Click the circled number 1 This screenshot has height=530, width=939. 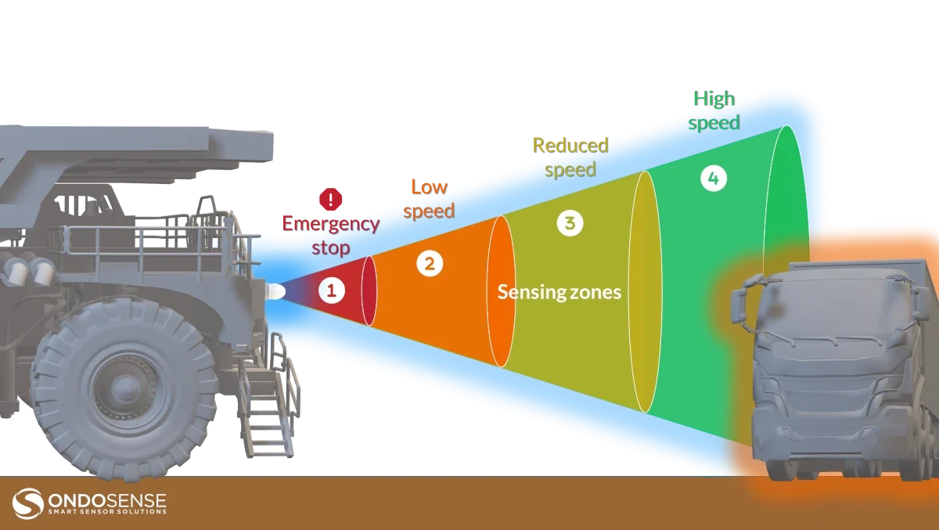[332, 290]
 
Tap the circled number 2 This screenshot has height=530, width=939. [430, 264]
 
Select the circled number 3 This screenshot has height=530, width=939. [570, 223]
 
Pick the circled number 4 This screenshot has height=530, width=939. [714, 178]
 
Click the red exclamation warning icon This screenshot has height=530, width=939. [331, 199]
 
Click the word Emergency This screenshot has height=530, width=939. [331, 224]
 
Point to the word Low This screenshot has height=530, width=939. [430, 187]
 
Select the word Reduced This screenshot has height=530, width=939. [570, 146]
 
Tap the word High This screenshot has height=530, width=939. [714, 99]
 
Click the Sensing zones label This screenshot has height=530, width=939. [559, 292]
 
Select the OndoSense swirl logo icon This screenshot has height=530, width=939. [27, 503]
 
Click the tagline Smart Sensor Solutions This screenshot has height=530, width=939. [107, 511]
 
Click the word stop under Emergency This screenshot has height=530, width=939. [331, 248]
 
